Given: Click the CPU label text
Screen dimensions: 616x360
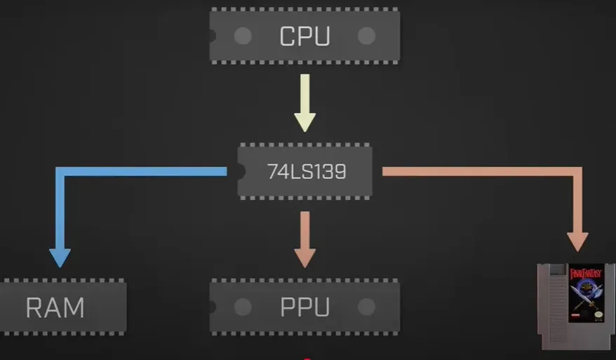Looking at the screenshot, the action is tap(304, 36).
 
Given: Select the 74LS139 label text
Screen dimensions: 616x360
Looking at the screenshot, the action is tap(307, 172).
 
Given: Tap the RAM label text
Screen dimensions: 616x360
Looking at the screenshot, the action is tap(55, 308).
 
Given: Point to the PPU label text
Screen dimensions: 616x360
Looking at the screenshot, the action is tap(305, 307).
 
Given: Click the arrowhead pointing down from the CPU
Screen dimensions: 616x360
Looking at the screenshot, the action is tap(305, 122).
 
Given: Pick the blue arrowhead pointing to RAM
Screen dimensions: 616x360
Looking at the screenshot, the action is tap(60, 258).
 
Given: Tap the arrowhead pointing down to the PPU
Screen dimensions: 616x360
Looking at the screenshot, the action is tap(305, 258).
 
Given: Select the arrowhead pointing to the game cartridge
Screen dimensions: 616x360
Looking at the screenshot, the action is tap(577, 241).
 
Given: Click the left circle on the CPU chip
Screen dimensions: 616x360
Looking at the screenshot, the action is tap(243, 36).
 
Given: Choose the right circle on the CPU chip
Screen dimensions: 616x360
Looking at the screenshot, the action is tap(366, 36).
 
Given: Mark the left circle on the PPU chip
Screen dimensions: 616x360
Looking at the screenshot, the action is tap(243, 307).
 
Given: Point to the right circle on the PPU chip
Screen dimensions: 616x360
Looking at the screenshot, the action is tap(366, 307).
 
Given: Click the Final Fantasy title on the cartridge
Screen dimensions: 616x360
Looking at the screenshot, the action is tap(586, 274).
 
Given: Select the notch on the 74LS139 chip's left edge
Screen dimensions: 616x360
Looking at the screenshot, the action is tap(241, 172).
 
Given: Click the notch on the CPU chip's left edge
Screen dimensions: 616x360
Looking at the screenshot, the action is tap(213, 36).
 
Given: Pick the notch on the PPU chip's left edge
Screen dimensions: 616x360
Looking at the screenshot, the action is tap(213, 307).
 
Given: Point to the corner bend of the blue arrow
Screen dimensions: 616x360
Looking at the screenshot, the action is tap(60, 172).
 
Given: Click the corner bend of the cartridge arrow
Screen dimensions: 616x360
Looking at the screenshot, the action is tap(577, 172).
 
